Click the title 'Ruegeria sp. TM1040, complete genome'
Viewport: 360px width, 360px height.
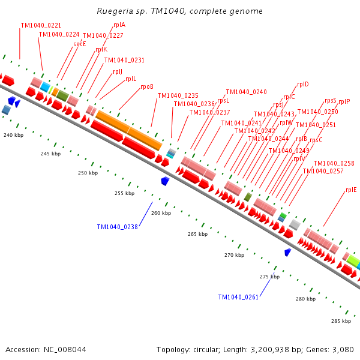[179, 11]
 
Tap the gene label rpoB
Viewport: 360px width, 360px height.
[147, 86]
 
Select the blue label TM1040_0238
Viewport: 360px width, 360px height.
[118, 227]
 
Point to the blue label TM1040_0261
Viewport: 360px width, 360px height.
[238, 297]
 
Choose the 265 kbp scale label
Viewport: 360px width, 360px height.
[197, 234]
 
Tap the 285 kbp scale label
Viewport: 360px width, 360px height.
[341, 321]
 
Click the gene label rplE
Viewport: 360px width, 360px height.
[351, 190]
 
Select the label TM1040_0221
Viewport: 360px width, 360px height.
[41, 25]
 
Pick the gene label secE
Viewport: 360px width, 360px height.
[80, 44]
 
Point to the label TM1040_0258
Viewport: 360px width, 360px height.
[334, 163]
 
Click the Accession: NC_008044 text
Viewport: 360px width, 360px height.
[46, 349]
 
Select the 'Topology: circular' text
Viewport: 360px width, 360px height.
[187, 349]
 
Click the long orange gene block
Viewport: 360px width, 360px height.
[129, 130]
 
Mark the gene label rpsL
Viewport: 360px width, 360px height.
[223, 100]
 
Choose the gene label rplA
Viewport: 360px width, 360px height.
[119, 25]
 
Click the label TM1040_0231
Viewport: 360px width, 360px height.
[124, 60]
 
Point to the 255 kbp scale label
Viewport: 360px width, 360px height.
[124, 193]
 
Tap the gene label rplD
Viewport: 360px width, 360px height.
[303, 84]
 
